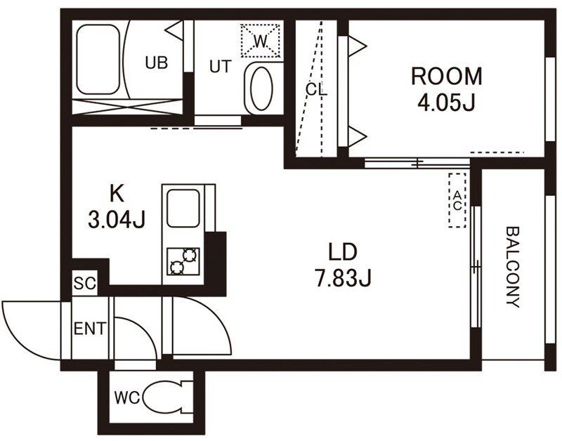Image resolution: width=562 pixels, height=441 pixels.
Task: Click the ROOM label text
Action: (x=446, y=77)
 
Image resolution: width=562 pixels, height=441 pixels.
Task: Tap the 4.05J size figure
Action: (x=446, y=103)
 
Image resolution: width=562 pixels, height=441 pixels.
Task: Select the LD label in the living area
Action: (x=343, y=251)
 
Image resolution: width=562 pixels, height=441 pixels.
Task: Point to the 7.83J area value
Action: (x=343, y=278)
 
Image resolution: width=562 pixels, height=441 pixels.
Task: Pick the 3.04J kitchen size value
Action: (x=117, y=219)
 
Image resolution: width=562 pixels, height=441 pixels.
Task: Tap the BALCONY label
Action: (x=514, y=267)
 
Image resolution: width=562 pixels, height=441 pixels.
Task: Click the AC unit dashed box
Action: (x=457, y=200)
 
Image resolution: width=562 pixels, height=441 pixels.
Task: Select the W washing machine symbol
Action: (x=261, y=40)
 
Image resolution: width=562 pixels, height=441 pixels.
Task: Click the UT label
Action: (x=221, y=67)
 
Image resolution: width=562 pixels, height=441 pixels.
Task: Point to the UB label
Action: (x=156, y=62)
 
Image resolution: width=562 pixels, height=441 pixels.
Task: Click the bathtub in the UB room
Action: (x=98, y=60)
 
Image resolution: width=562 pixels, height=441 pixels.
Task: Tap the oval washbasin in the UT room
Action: (x=261, y=88)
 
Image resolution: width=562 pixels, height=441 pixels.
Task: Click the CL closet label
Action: (x=317, y=89)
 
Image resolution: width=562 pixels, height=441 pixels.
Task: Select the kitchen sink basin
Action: (x=183, y=208)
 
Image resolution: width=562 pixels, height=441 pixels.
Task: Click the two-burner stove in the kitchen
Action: (x=183, y=261)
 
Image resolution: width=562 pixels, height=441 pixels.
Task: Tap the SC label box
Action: (x=85, y=284)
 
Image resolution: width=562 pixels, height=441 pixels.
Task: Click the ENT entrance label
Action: (x=90, y=329)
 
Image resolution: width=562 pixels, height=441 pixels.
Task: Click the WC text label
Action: (x=127, y=397)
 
